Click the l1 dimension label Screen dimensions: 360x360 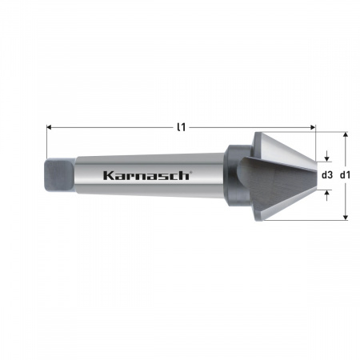(182, 127)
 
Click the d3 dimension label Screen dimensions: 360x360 (327, 175)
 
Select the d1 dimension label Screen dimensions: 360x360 (346, 175)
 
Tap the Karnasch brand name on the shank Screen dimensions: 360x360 (146, 175)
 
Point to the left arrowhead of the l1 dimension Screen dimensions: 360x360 (49, 127)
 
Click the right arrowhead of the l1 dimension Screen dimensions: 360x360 (313, 127)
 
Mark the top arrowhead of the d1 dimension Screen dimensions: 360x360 (346, 134)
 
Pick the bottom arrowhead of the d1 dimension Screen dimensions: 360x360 (346, 218)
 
